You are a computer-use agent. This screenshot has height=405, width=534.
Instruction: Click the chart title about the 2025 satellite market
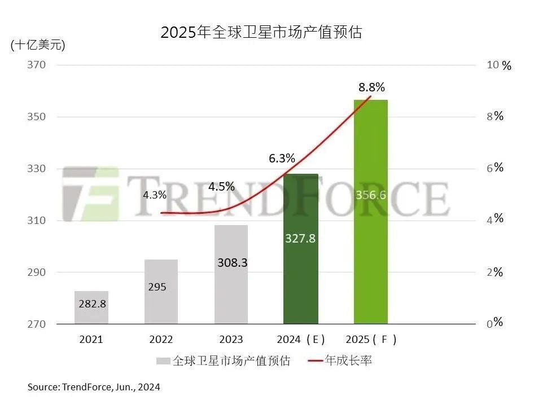point(261,32)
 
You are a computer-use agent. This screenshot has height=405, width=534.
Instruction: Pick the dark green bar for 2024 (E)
point(301,248)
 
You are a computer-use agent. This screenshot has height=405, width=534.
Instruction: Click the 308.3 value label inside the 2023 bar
point(232,263)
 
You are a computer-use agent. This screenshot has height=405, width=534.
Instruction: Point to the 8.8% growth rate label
point(371,87)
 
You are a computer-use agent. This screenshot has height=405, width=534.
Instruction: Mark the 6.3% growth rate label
point(282,159)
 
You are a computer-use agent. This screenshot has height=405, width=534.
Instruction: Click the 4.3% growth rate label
point(155,195)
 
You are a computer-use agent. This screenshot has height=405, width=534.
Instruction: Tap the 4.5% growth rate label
point(221,187)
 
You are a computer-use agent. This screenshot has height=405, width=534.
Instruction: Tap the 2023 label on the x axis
point(231,340)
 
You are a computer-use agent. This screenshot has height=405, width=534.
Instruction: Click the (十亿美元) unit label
point(38,46)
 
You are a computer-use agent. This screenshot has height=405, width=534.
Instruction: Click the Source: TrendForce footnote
point(94,387)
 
